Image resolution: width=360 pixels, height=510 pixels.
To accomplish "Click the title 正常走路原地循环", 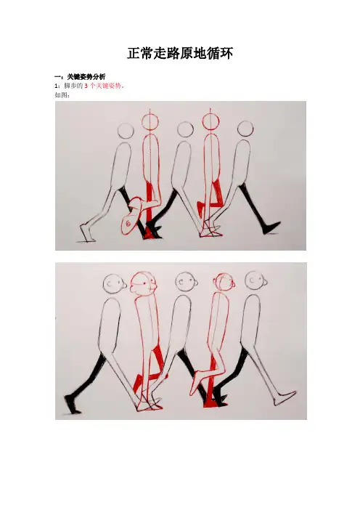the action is (180, 53).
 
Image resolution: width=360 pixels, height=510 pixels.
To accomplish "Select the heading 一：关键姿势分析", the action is (80, 77).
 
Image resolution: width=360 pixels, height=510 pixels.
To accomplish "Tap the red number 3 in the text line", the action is (86, 86).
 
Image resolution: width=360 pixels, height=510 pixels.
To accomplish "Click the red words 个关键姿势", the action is (105, 86).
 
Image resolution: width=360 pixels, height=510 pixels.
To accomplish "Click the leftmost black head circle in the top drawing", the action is (126, 131).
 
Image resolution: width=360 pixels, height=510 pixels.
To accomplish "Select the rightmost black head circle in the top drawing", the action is (245, 129).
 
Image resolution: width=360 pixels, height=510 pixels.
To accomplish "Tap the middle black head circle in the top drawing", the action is (186, 129).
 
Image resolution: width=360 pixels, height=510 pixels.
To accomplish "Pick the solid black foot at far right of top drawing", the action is (271, 227).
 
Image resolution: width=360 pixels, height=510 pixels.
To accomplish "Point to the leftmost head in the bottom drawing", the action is (115, 283).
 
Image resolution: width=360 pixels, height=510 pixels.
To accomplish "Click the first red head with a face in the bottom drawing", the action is (144, 283).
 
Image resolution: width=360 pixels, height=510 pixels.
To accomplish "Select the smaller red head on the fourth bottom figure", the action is (224, 283).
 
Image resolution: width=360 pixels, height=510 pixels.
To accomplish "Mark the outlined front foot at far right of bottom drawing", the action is (285, 398).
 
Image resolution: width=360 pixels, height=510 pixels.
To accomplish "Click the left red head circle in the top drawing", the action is (150, 121).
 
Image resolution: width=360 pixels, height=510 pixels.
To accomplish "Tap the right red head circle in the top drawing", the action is (211, 121).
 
